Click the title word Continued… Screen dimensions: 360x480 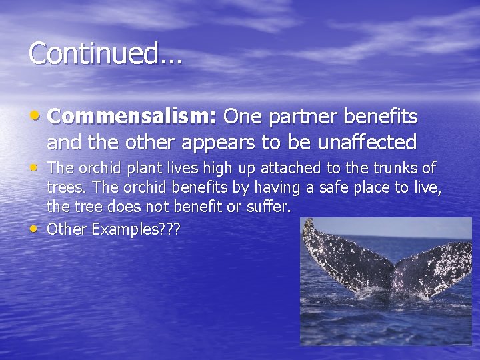click(x=105, y=53)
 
